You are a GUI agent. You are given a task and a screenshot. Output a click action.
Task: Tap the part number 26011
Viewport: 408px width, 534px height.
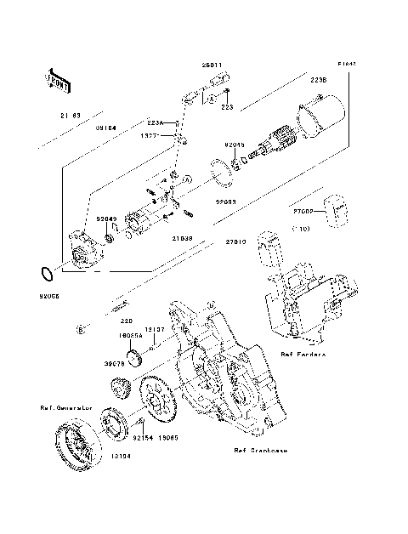pos(212,64)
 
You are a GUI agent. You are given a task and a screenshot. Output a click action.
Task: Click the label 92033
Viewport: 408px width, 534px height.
pos(225,203)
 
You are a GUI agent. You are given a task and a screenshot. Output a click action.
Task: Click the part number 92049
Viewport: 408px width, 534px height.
pos(105,219)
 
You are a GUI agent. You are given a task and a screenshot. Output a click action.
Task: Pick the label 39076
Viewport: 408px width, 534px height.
pos(115,362)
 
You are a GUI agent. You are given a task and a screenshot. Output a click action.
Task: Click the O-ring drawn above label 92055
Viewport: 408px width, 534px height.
pos(48,274)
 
